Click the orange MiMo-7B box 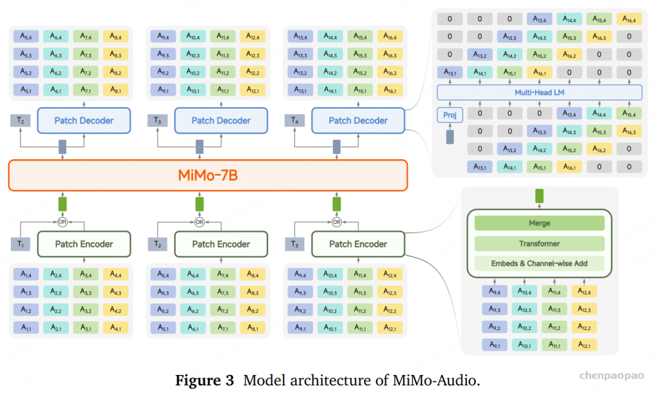[x=208, y=175]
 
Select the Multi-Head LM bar [x=539, y=92]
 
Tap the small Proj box [x=449, y=115]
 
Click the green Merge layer [x=540, y=223]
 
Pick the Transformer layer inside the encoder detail [x=540, y=243]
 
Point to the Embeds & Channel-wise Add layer [x=540, y=263]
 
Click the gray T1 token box [x=20, y=244]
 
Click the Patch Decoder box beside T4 [x=358, y=120]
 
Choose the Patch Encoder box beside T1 [x=83, y=244]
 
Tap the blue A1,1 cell [x=26, y=328]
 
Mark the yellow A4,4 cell [x=115, y=274]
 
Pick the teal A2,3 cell [x=56, y=292]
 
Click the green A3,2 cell [x=86, y=310]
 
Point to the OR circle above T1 [x=62, y=222]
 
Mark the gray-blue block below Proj [x=449, y=136]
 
